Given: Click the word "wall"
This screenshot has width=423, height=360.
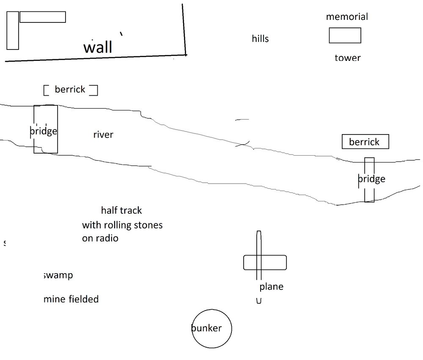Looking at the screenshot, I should (x=98, y=47).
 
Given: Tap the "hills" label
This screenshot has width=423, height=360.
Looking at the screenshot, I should (x=260, y=39).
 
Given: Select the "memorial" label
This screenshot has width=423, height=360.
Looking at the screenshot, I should (x=347, y=17).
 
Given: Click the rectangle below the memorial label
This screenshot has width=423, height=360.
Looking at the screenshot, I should (x=345, y=36).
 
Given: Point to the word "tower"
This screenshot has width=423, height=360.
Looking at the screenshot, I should (x=347, y=58).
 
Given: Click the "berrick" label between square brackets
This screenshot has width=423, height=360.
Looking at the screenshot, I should (x=70, y=90).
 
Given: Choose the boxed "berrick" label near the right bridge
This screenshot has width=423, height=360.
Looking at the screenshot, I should (x=365, y=142).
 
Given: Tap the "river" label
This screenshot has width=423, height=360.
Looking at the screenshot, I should (x=103, y=135).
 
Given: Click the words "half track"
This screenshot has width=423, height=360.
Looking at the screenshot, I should (x=121, y=210).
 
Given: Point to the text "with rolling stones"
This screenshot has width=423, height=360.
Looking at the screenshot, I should (x=122, y=225).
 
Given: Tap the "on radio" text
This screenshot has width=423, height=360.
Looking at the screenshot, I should (x=100, y=238).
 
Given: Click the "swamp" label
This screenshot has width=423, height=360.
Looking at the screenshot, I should (x=58, y=275).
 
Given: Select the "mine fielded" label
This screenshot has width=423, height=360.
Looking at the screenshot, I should (x=71, y=300).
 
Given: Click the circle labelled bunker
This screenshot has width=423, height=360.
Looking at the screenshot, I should (x=211, y=329).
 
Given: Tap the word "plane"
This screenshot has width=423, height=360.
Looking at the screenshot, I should (x=271, y=287).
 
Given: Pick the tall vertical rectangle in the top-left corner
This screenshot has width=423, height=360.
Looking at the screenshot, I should (x=13, y=30).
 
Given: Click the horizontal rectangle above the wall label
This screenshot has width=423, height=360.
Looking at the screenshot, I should (x=42, y=17).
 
